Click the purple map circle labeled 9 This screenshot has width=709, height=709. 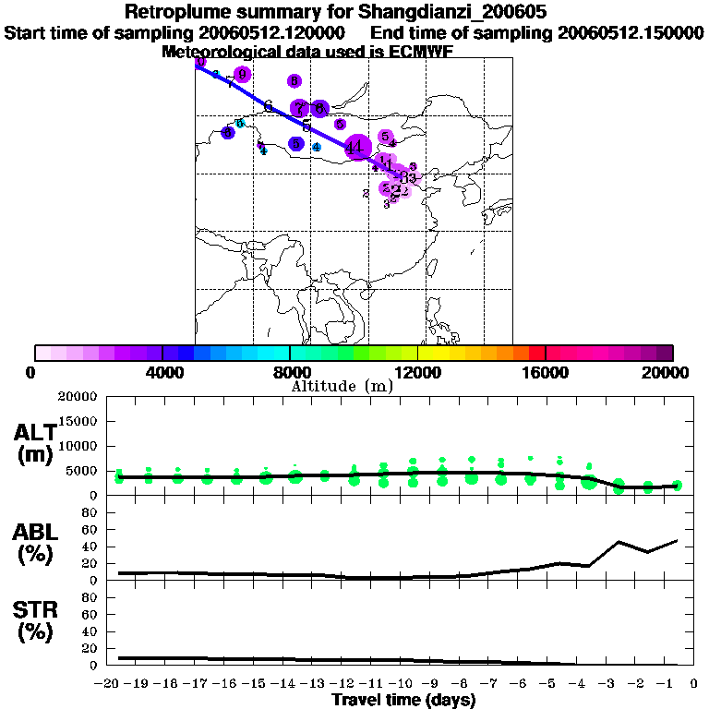pyautogui.click(x=243, y=75)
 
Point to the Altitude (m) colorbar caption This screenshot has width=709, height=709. pyautogui.click(x=342, y=386)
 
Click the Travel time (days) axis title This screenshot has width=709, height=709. pyautogui.click(x=403, y=700)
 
